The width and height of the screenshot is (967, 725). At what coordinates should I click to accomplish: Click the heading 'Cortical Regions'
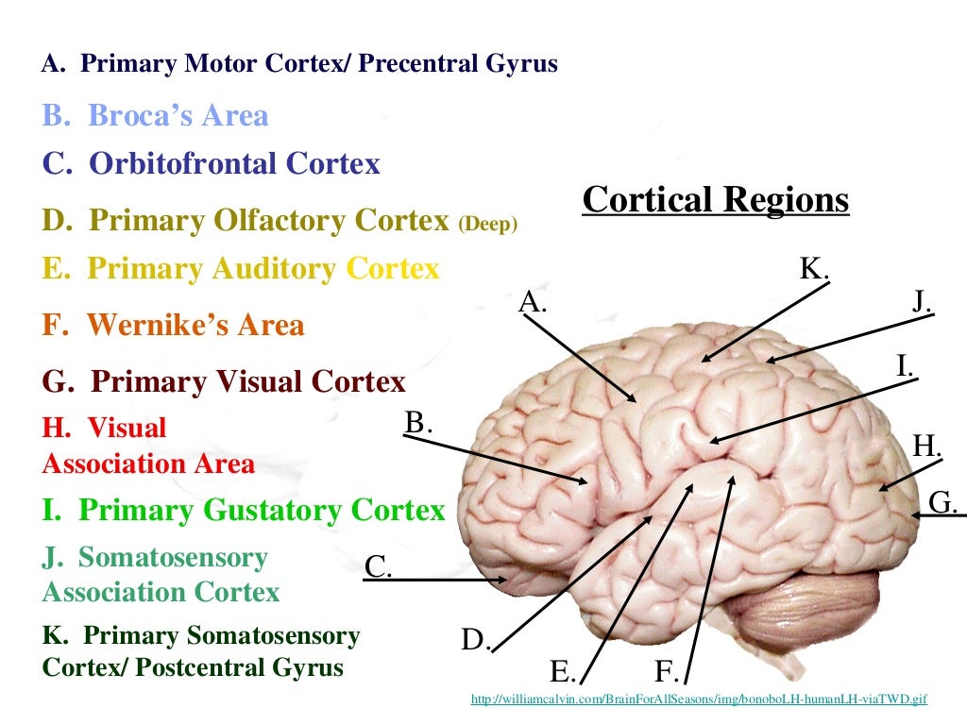tap(715, 200)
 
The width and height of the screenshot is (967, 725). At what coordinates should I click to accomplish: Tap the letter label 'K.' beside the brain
tap(813, 270)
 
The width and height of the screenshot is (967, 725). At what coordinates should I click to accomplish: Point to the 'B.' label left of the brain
tap(417, 422)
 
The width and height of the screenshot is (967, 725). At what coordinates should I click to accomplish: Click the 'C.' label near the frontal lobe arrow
tap(378, 566)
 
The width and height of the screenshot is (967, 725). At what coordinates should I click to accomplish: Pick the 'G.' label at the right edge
tap(943, 502)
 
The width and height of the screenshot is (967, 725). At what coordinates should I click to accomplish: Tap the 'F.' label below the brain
tap(667, 672)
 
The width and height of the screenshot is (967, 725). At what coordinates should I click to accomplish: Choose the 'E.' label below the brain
tap(562, 672)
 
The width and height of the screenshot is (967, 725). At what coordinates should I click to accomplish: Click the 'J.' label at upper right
tap(923, 301)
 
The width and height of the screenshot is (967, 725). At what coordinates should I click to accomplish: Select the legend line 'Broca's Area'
tap(156, 116)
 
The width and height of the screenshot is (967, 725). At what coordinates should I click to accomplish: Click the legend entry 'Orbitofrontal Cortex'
tap(212, 163)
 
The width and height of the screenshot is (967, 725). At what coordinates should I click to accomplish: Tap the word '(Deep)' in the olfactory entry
tap(487, 225)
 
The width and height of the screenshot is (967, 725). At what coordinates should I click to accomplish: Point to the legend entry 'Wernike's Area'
tap(174, 326)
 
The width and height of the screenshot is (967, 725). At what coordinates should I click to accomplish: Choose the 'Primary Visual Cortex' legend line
tap(224, 382)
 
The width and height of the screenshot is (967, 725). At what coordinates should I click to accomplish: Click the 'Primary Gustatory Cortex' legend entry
tap(243, 511)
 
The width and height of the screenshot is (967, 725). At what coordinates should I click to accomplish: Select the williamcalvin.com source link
tap(698, 700)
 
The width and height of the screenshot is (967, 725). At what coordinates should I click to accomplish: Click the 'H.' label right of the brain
tap(927, 445)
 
